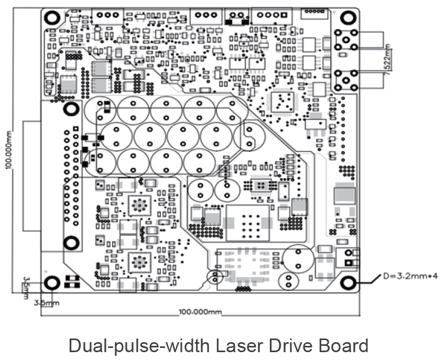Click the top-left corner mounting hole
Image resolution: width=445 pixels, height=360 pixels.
coord(52,17)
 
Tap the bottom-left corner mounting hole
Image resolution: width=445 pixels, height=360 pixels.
coord(51,283)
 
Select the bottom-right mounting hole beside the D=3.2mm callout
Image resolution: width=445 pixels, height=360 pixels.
coord(348,282)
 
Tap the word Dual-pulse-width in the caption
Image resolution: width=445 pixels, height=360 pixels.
coord(134,346)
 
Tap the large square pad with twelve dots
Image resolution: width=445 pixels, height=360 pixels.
coord(247,222)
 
